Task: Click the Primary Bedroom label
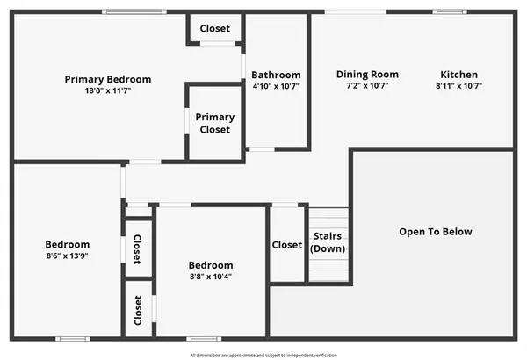(108, 79)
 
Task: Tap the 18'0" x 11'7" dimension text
(108, 90)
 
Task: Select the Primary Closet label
(214, 123)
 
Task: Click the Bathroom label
(276, 75)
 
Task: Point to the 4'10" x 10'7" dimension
(276, 86)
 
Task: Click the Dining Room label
(367, 75)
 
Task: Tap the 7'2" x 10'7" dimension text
(367, 86)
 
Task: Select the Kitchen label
(458, 75)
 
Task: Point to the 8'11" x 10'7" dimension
(458, 86)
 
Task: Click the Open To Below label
(436, 232)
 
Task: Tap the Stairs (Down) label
(328, 242)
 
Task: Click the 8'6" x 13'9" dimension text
(68, 256)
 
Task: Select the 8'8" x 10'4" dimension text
(211, 277)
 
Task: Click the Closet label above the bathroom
(215, 28)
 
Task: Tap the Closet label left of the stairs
(287, 245)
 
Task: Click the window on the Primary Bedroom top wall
(132, 11)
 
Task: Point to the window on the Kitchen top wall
(449, 11)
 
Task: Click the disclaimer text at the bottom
(263, 355)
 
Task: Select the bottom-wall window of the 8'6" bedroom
(72, 338)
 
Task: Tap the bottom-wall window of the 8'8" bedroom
(202, 338)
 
